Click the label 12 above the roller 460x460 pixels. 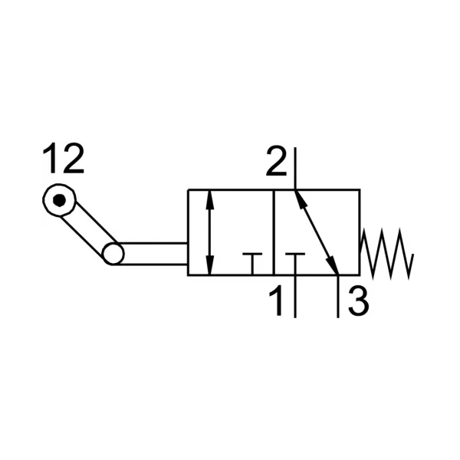64,159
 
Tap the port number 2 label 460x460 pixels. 276,161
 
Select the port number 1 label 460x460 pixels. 276,301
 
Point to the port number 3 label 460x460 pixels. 359,301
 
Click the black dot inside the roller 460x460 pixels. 59,200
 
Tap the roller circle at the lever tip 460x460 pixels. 59,200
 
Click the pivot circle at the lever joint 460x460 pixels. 113,254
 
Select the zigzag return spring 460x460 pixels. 387,254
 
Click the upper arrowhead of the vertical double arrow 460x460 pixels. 209,200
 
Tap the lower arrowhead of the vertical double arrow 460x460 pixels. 209,265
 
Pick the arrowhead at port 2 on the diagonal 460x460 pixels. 299,199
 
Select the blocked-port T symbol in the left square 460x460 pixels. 252,264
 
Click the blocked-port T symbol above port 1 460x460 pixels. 295,264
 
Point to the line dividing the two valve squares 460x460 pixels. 274,232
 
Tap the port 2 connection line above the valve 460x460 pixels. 295,169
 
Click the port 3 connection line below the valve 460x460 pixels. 338,297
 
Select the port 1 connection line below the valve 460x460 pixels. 295,297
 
